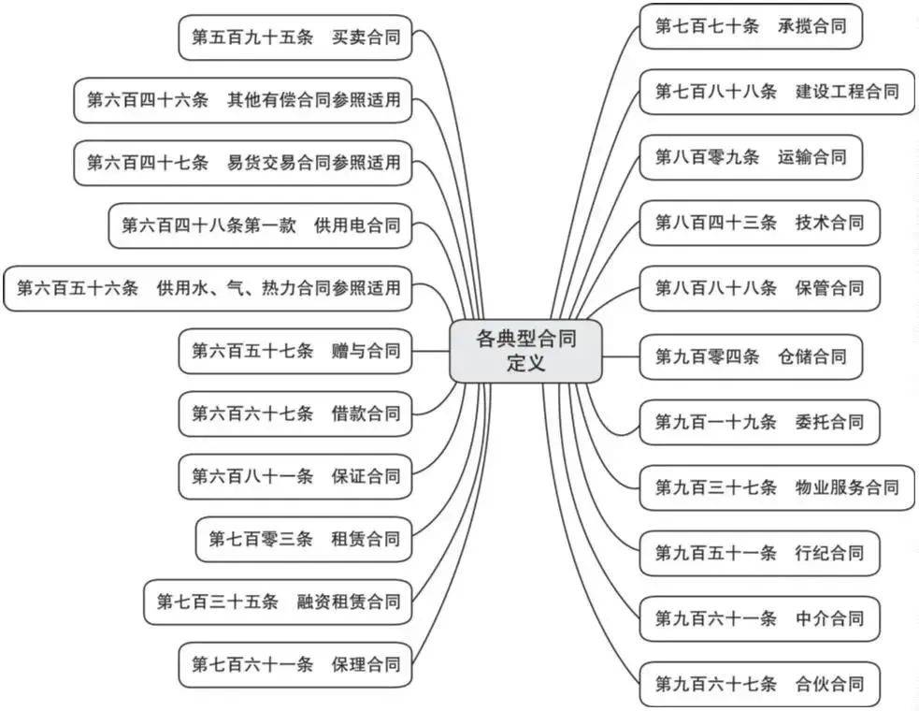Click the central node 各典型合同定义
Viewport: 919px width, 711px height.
point(525,351)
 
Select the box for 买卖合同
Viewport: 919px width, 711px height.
point(295,37)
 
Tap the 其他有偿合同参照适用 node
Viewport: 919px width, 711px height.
point(243,100)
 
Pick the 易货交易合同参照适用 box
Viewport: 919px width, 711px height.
point(243,163)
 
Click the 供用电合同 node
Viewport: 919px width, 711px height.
point(261,225)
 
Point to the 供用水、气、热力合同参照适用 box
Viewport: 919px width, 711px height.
point(208,288)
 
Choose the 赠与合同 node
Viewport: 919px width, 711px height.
point(295,351)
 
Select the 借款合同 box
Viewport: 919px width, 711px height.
point(295,414)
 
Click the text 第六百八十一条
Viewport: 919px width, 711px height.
point(252,476)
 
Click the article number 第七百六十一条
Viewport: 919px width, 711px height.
point(252,664)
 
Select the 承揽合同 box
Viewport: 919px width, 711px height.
point(750,26)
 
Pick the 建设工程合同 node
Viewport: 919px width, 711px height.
point(776,92)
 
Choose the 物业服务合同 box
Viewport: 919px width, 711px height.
point(776,487)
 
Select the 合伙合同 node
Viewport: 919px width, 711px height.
point(759,683)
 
